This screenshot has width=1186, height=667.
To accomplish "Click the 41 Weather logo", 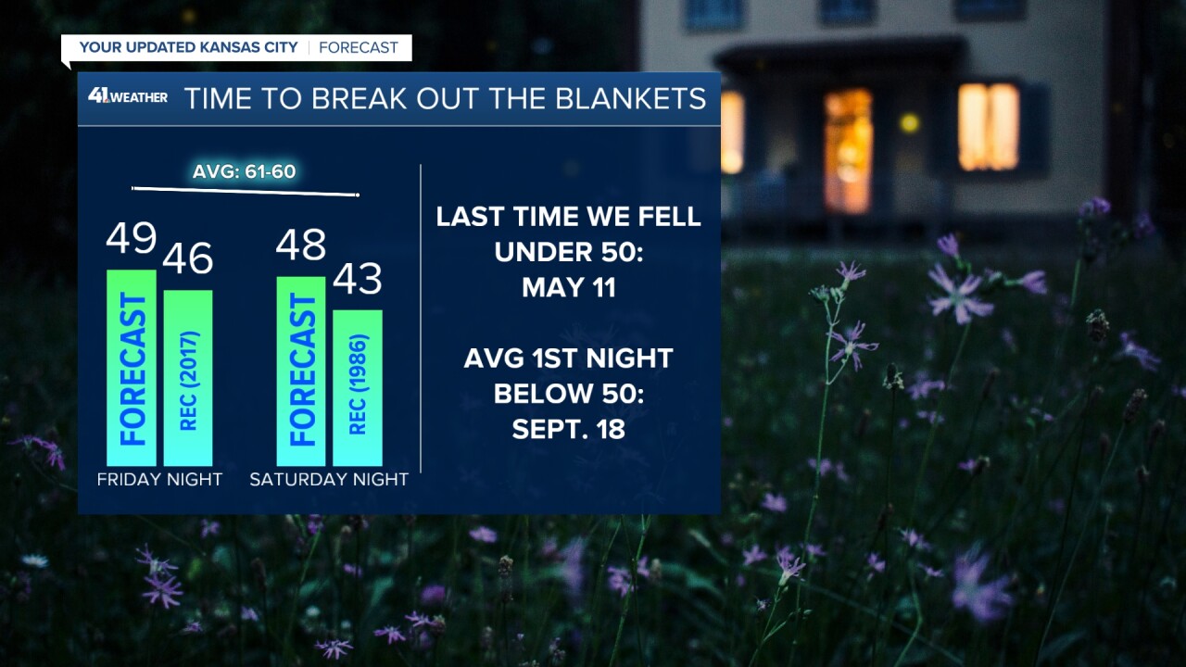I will click(x=128, y=96).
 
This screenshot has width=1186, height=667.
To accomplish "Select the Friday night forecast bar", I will click(x=132, y=368).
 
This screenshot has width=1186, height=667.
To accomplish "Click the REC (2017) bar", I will click(x=188, y=378).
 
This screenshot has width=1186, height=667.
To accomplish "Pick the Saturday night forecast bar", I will click(x=301, y=371).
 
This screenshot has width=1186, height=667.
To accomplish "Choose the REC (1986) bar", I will click(x=358, y=387).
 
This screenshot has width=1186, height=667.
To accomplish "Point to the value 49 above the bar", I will click(x=131, y=239).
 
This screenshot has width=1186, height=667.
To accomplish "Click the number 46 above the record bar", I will click(x=188, y=259).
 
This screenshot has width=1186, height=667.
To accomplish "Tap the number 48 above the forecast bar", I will click(x=301, y=245).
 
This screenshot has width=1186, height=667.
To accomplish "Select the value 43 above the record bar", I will click(x=358, y=279).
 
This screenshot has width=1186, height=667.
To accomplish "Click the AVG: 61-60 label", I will click(x=245, y=171).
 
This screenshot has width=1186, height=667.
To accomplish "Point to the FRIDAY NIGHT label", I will click(x=159, y=480).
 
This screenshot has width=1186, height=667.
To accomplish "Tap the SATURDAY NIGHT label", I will click(x=329, y=480).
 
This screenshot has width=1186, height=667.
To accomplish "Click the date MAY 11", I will click(x=569, y=287).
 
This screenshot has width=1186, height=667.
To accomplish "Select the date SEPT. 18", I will click(x=569, y=429).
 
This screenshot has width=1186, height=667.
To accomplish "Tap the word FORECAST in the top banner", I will click(x=359, y=47).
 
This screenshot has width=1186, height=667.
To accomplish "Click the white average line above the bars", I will click(x=245, y=192).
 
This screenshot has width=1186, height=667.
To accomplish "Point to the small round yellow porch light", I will click(x=909, y=122).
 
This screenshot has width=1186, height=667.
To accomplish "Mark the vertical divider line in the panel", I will click(x=422, y=319).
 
